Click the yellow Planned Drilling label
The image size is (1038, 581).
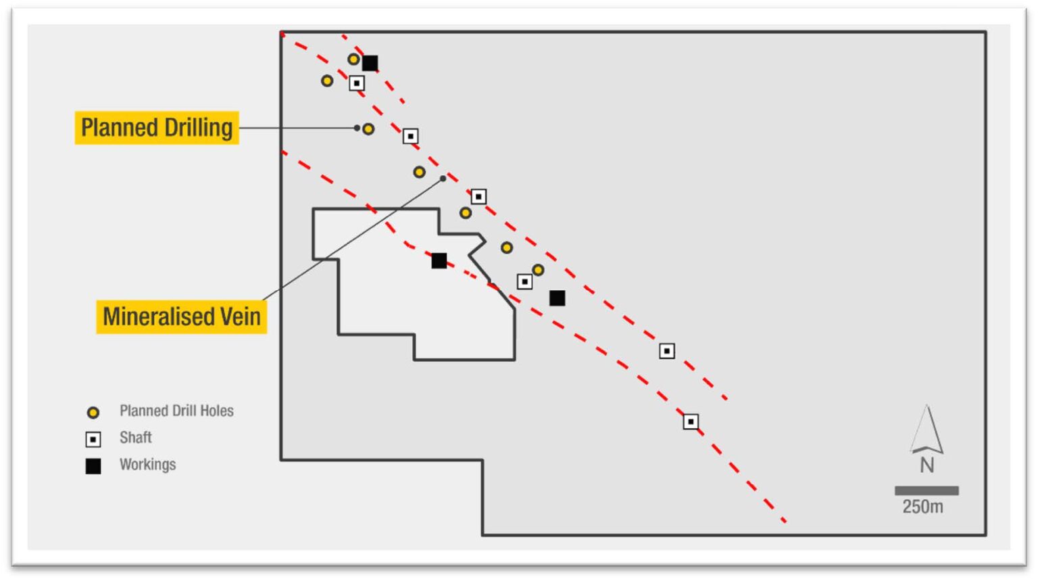[157, 128]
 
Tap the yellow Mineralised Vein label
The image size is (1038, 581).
[181, 317]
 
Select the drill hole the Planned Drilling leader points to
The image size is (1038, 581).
[368, 129]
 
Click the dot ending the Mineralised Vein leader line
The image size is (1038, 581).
[443, 179]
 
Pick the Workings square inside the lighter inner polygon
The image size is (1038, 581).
[439, 260]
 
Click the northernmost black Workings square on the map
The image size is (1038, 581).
[370, 63]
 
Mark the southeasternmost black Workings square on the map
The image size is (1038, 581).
[558, 298]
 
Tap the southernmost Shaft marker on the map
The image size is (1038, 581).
[691, 422]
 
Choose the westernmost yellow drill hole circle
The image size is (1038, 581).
[327, 81]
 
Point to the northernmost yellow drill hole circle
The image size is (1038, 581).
[353, 60]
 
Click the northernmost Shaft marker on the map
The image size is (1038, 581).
[357, 83]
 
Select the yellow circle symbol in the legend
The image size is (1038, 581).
[93, 413]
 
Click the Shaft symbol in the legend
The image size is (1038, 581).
[93, 440]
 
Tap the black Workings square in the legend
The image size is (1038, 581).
[93, 466]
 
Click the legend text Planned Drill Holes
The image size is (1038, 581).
[176, 411]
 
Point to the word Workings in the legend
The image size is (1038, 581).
[147, 465]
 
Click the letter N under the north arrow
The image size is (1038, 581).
[927, 465]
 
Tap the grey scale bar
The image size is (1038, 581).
[926, 490]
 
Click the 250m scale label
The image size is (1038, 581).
[922, 507]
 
